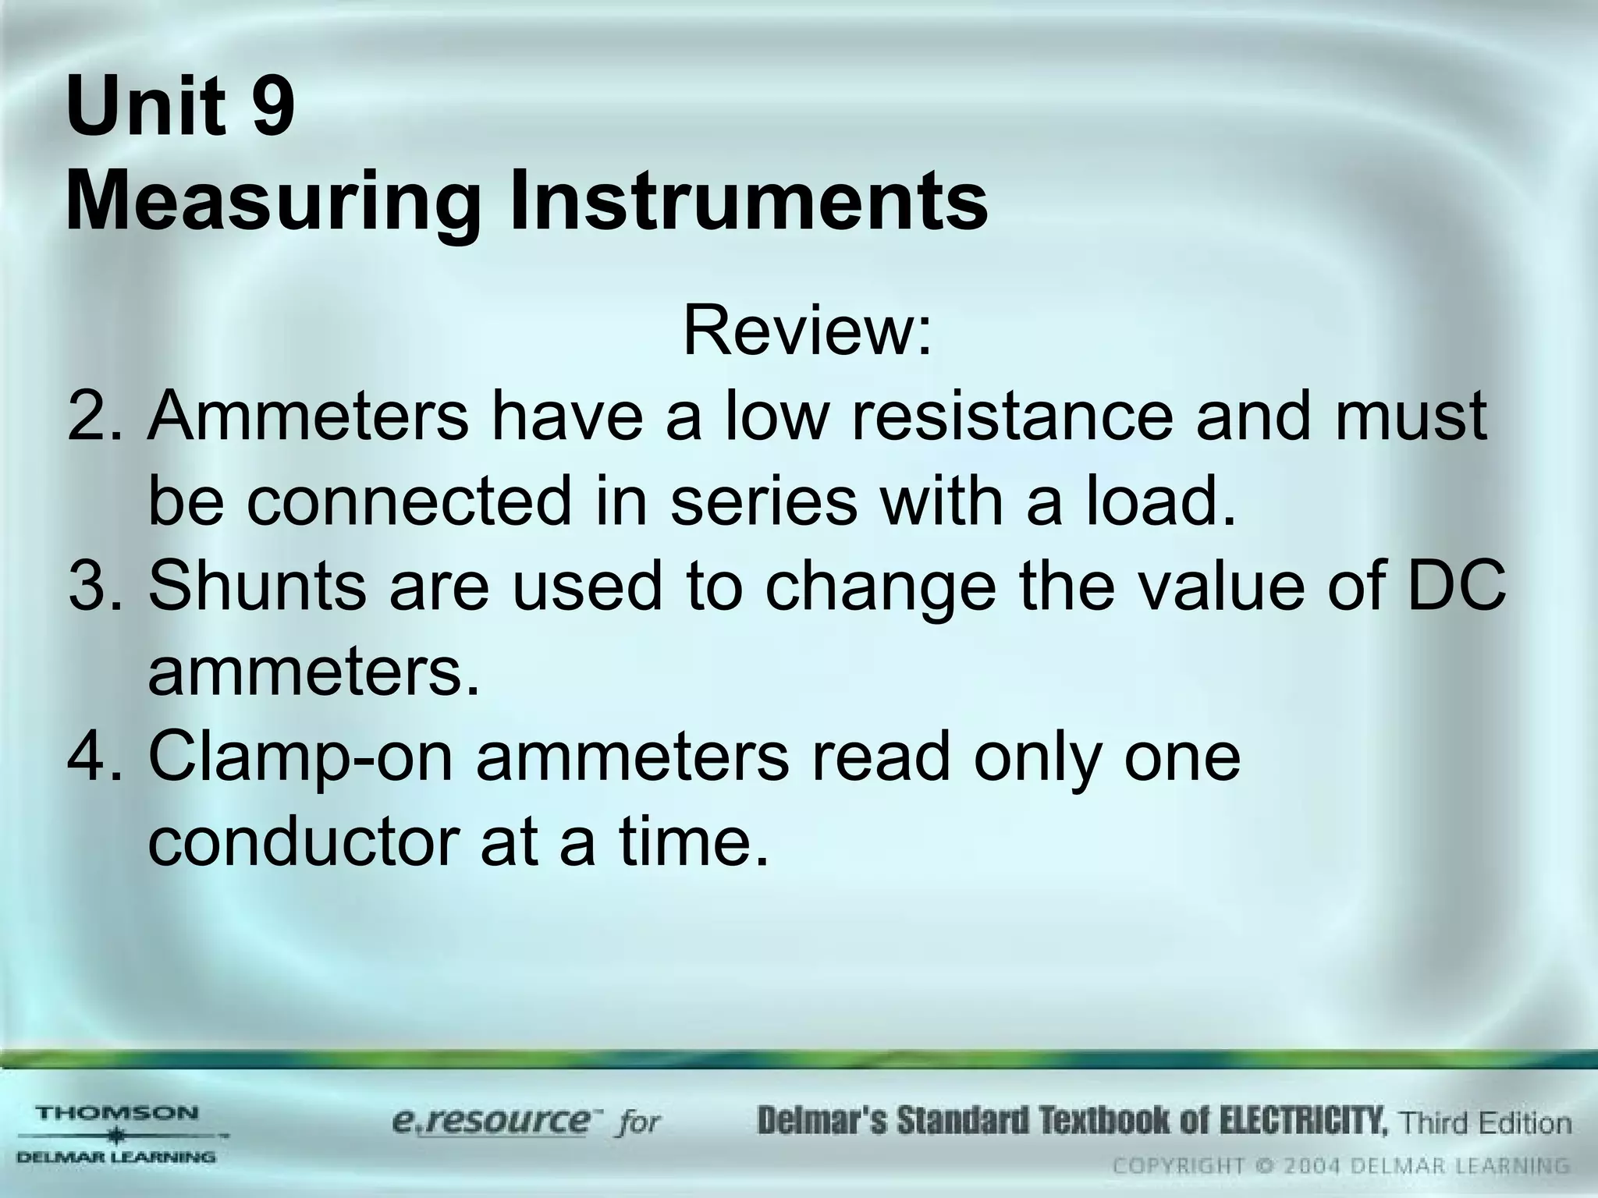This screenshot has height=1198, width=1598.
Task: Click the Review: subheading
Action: click(x=807, y=331)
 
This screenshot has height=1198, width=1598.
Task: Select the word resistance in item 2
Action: click(x=1012, y=417)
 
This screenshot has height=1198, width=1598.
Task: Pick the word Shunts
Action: click(x=257, y=587)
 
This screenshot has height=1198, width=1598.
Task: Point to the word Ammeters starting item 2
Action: click(x=308, y=417)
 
